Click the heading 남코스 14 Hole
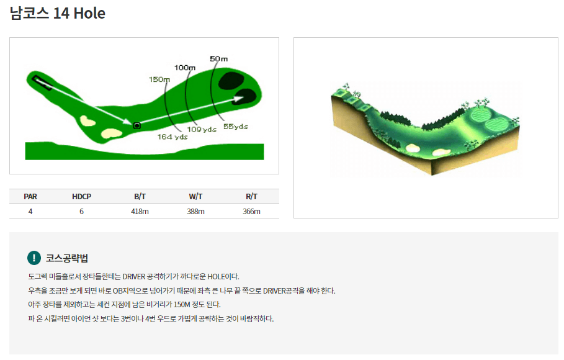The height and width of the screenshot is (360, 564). coord(58,13)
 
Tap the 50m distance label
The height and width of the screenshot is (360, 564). coord(218,59)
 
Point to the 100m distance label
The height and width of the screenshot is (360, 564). coord(185,68)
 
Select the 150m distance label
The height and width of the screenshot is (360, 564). coord(159,79)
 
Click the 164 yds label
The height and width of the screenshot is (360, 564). coord(172,137)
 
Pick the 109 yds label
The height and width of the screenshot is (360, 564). coord(202,129)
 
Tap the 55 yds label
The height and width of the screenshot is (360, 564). coord(236,127)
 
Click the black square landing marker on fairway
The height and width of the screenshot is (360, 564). coord(137,125)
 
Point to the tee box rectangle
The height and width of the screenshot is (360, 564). coord(42,83)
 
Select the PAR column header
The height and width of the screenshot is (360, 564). coord(30,197)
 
